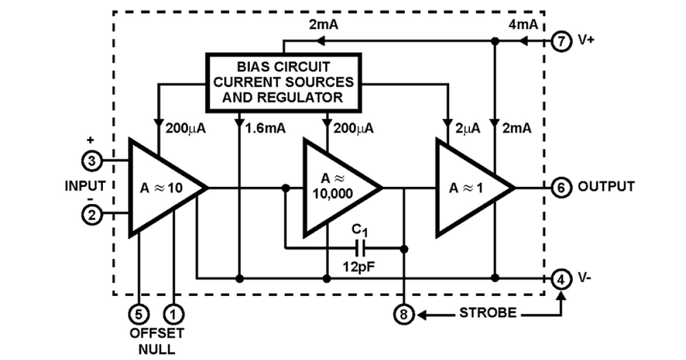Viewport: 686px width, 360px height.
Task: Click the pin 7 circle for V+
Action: click(561, 42)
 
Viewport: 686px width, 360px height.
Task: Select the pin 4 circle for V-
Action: click(561, 279)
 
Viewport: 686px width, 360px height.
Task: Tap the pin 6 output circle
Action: click(561, 187)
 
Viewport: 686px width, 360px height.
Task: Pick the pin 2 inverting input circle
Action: click(92, 214)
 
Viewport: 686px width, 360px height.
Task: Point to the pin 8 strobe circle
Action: click(404, 314)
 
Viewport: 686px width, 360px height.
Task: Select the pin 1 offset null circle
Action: click(172, 314)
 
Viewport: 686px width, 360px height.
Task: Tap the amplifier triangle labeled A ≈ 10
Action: click(160, 187)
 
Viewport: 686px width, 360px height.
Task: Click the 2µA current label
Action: click(468, 129)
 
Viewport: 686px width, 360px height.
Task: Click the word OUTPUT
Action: click(606, 187)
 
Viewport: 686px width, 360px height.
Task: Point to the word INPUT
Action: click(85, 186)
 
